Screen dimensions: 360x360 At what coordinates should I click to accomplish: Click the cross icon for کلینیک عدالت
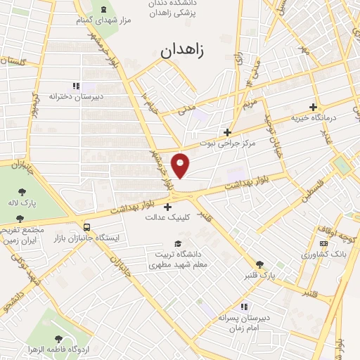tap(167, 207)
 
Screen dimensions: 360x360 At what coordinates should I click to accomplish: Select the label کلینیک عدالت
tap(160, 217)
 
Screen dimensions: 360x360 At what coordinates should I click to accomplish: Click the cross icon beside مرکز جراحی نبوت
tap(226, 131)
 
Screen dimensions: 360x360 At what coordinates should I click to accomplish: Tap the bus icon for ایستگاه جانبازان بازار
tap(86, 227)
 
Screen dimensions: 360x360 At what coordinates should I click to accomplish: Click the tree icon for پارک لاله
tap(22, 191)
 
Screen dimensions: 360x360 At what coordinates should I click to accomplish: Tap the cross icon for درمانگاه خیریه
tap(312, 107)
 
